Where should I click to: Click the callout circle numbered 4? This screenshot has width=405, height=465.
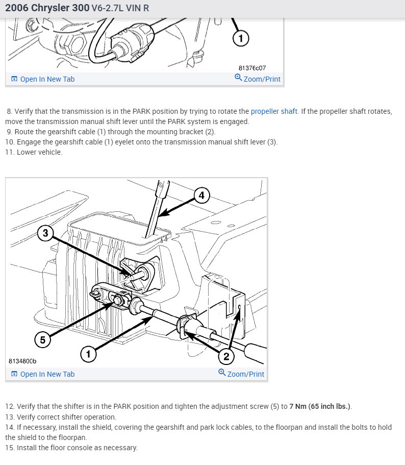point(201,195)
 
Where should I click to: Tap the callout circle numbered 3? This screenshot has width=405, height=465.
point(45,234)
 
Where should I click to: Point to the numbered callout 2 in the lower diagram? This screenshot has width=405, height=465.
point(226,356)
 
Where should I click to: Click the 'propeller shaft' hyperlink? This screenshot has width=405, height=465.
point(274,111)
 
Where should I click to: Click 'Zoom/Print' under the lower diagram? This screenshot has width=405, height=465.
point(245,374)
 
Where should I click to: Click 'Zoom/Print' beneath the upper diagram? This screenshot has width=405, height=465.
point(262,79)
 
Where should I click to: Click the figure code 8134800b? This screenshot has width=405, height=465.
point(22,361)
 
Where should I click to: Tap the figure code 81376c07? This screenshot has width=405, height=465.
point(252,68)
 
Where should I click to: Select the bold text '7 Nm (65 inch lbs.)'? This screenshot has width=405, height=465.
point(320,406)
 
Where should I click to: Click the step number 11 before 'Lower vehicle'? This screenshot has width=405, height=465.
point(10,152)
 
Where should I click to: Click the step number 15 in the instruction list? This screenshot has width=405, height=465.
point(10,448)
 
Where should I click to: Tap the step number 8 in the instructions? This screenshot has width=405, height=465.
point(9,111)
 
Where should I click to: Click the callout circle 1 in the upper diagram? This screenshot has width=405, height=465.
point(241,38)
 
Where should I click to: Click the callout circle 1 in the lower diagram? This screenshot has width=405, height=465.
point(88,354)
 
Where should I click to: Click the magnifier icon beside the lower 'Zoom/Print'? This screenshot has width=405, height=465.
point(222,373)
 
